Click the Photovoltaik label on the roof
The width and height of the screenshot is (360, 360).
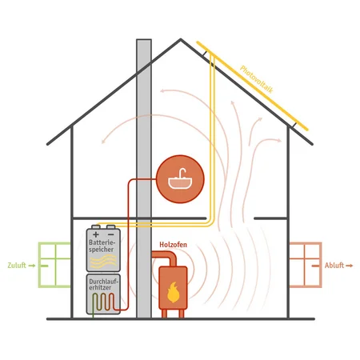pos(257,79)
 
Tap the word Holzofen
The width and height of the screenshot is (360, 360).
pos(173,245)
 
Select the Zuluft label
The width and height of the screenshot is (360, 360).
pos(17,266)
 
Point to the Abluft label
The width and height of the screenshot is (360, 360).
pos(334,266)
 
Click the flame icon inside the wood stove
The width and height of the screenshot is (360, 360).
pos(173,292)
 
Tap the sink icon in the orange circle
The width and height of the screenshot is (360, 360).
pos(180,178)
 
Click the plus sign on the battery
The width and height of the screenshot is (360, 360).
pos(96,234)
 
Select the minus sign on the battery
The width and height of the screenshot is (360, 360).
pos(110,234)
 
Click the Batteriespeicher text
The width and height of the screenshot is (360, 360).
pos(102,246)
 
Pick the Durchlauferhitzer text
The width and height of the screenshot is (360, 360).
pos(103,285)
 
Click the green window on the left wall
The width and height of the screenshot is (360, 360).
pos(55,265)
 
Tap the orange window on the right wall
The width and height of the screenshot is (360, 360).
pos(305,265)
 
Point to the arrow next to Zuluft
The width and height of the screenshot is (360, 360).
pos(32,266)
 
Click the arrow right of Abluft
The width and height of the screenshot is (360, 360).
pos(350,266)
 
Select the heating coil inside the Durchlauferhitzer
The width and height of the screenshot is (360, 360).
pos(103,302)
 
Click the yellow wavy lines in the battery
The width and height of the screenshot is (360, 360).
pos(103,261)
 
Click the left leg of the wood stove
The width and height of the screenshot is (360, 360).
pos(164,314)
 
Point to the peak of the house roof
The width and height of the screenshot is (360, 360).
pos(181,39)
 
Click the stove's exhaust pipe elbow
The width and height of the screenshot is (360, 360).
pos(172,256)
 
